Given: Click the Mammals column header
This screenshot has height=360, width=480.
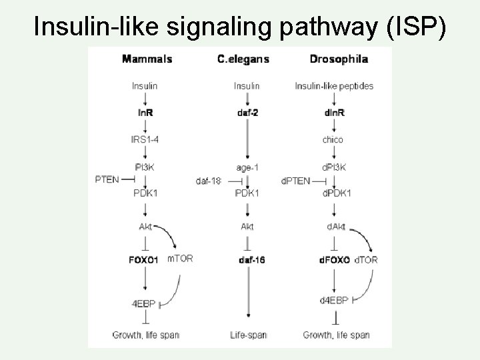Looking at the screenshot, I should point(147,59).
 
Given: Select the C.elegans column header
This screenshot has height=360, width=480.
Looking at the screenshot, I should point(243,59).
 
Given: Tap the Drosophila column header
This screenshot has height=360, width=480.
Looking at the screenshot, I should point(339,59).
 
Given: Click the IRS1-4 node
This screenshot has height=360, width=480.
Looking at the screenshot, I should point(145,139).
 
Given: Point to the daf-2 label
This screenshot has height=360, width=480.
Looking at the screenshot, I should point(247,113).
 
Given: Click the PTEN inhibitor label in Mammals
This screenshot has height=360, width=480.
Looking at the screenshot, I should point(107,179).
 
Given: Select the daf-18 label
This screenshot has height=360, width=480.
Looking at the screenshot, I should point(207,181).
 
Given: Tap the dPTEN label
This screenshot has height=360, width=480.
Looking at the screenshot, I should point(296,181).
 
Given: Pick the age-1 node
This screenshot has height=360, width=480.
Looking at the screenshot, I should point(247,167).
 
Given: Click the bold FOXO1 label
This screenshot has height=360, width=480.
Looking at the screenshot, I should point(143,259).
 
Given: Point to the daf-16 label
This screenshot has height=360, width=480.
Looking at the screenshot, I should point(251,259).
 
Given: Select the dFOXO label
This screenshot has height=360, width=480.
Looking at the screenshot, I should point(335,259).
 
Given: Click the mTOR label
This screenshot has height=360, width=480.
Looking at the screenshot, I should point(179,259).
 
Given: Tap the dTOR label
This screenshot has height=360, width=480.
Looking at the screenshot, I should point(366,259).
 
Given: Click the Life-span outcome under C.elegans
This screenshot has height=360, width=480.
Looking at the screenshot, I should point(247,334).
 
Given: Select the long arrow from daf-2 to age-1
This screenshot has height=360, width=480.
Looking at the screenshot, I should point(247,140).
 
